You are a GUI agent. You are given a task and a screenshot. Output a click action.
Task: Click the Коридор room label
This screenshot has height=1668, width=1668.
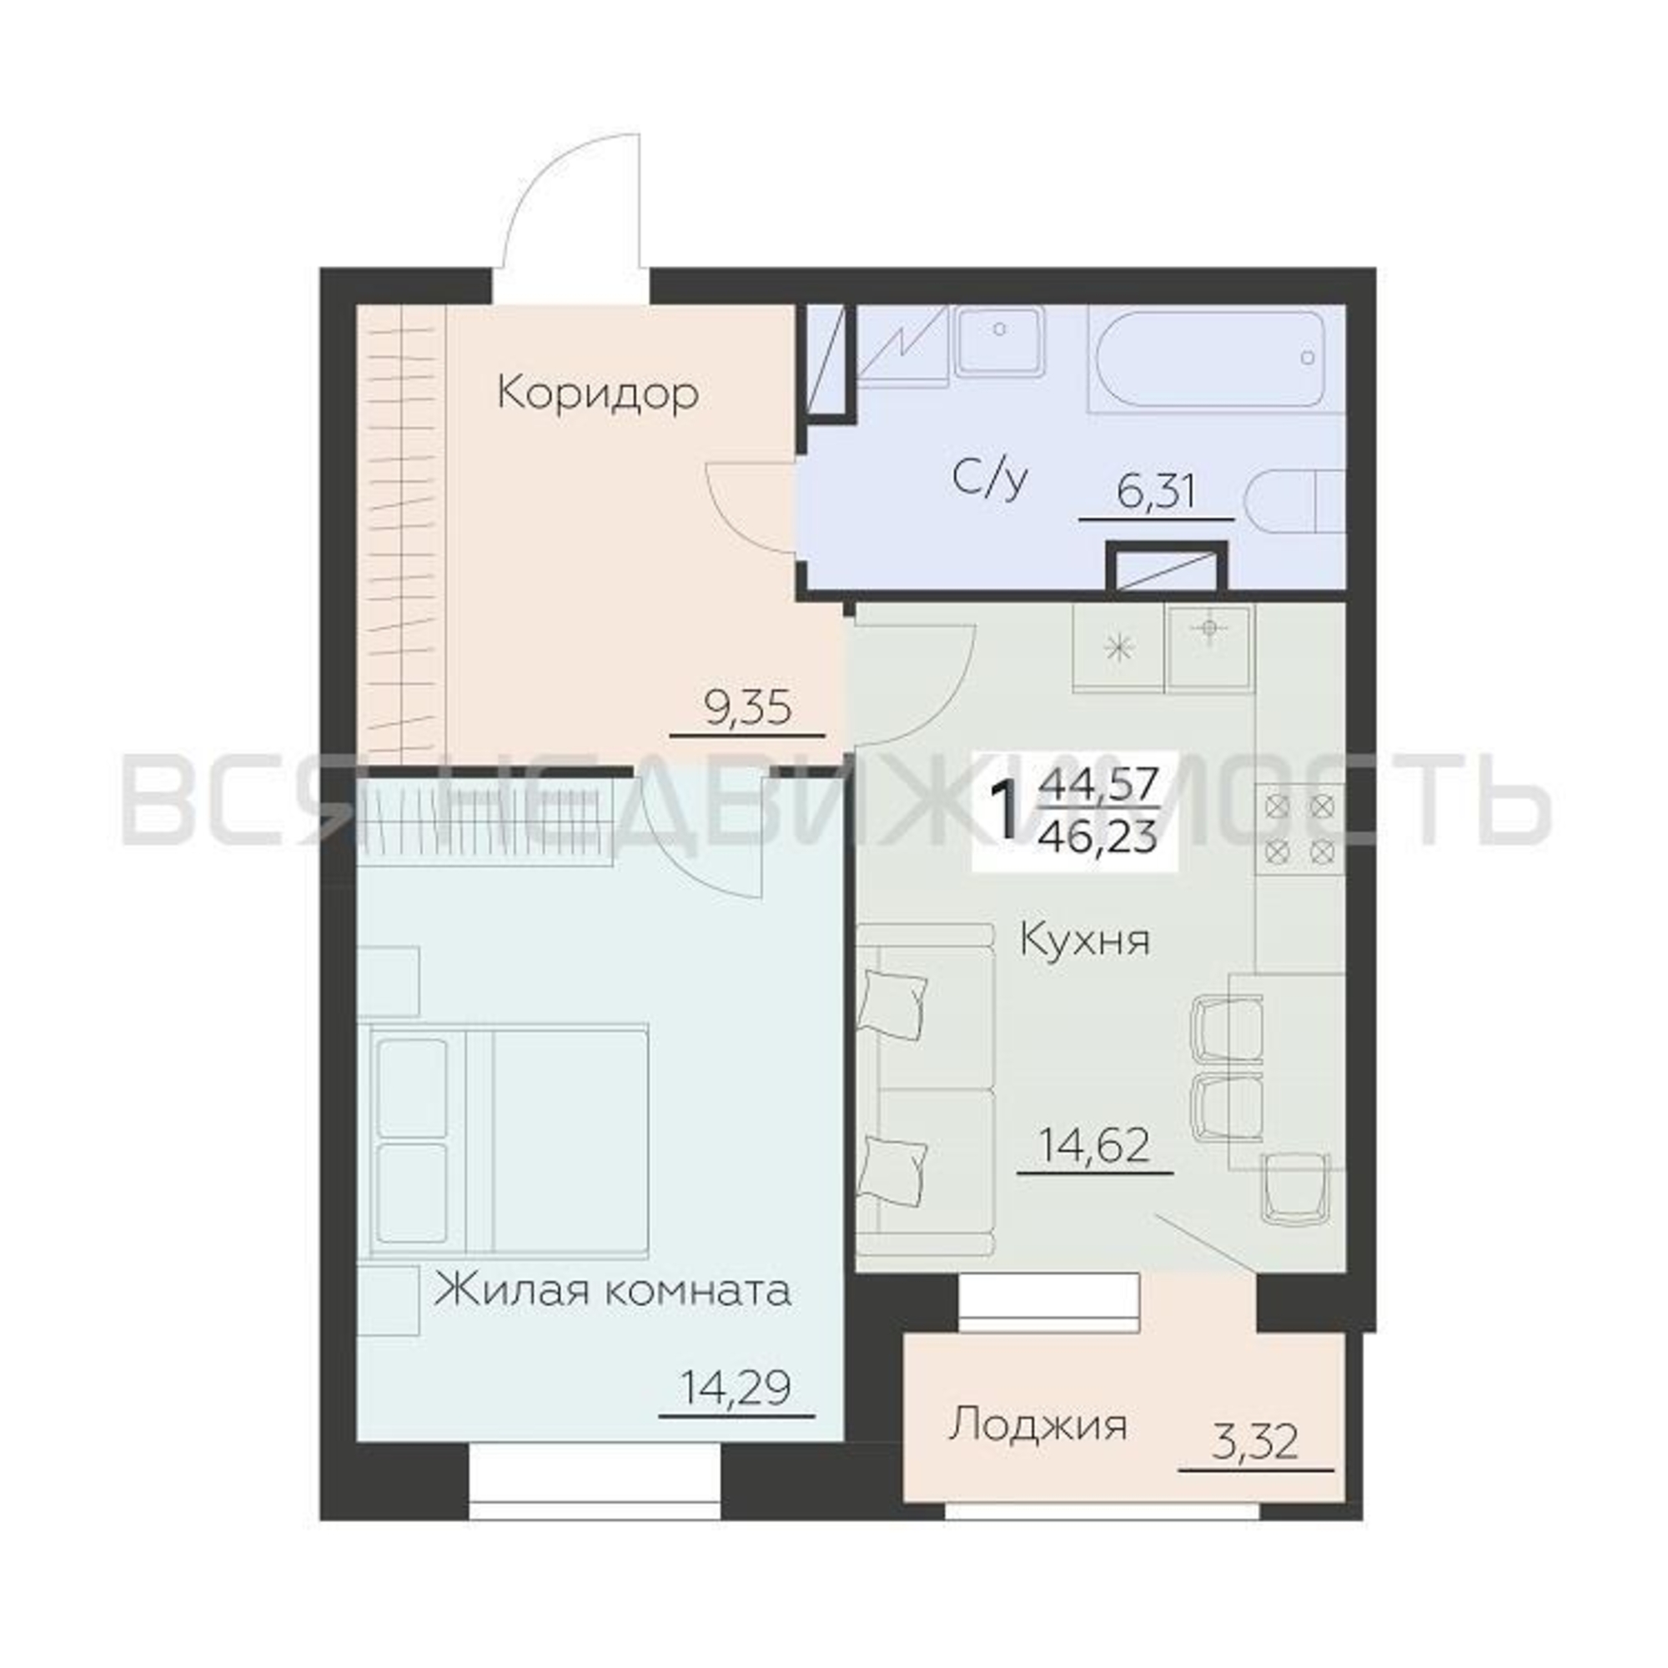click(598, 395)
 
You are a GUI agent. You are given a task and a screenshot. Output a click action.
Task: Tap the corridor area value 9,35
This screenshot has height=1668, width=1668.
click(746, 711)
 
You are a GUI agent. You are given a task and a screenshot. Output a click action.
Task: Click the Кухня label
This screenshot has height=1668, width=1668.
click(1085, 939)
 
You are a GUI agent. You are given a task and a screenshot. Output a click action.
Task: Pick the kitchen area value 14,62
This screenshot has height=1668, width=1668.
click(1096, 1147)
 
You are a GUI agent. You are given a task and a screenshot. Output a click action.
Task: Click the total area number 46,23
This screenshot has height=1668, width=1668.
click(1099, 837)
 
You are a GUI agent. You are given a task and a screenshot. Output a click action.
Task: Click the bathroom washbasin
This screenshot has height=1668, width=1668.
click(1000, 343)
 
